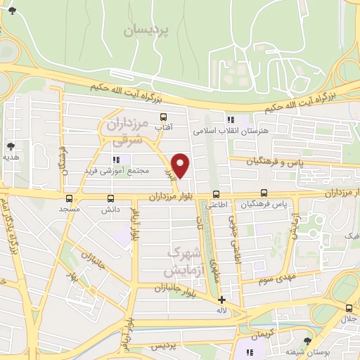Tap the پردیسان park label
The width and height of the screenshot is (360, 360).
[x=148, y=30]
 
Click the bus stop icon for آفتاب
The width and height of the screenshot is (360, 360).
[x=164, y=117]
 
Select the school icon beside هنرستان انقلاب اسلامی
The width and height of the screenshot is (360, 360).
[x=230, y=120]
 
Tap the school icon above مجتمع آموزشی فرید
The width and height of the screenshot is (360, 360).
[x=117, y=160]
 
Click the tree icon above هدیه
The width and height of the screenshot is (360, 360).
[x=11, y=146]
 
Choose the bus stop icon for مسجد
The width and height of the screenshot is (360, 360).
[x=69, y=198]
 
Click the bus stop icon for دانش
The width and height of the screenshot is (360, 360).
[x=110, y=198]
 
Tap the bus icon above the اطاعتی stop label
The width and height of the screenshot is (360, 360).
[x=216, y=193]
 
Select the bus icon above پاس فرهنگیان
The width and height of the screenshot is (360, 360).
[x=264, y=192]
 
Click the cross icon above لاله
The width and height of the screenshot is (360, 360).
[x=222, y=300]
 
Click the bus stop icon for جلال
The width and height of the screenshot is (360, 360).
[x=349, y=307]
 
